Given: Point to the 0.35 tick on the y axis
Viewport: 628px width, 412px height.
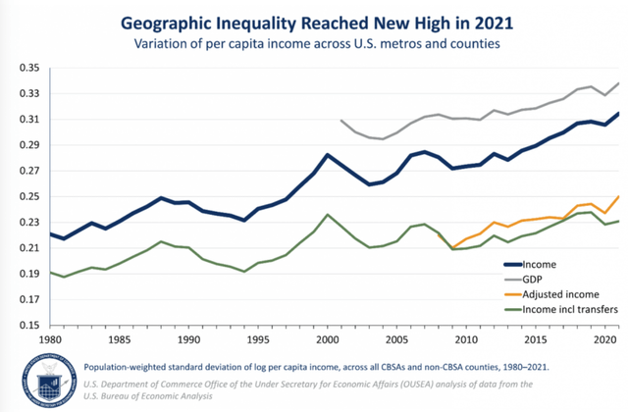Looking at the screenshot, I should pyautogui.click(x=27, y=68).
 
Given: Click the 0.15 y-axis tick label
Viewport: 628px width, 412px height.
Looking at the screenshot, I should pyautogui.click(x=27, y=326).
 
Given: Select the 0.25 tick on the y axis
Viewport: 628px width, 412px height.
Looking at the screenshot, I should pyautogui.click(x=27, y=197).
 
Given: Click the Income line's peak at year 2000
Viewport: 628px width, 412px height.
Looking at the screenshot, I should pyautogui.click(x=327, y=155).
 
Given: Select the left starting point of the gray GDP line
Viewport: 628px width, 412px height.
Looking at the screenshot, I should pyautogui.click(x=340, y=121).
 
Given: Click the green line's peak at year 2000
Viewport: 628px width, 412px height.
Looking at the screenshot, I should pyautogui.click(x=327, y=215).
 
